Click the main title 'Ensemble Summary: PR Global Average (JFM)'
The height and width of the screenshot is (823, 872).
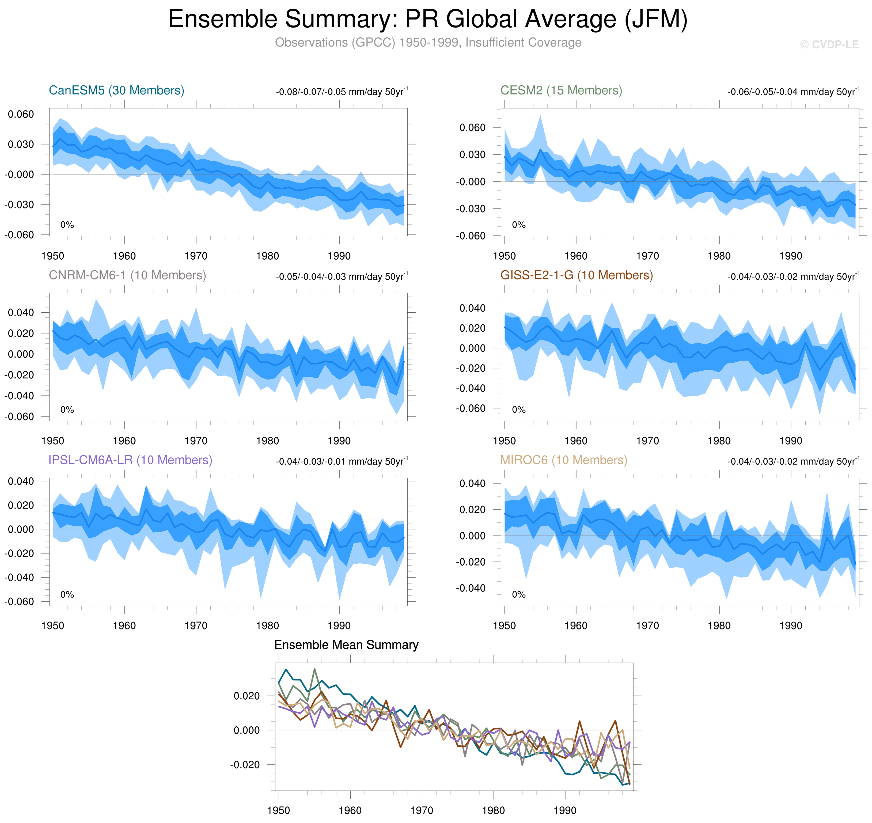click(428, 19)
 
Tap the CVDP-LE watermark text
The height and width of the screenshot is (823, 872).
click(829, 45)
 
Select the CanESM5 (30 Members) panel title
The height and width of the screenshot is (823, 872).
click(116, 90)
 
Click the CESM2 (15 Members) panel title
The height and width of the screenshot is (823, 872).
click(561, 90)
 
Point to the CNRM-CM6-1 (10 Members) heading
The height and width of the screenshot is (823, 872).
click(127, 275)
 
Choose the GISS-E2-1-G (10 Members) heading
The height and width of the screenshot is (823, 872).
click(576, 275)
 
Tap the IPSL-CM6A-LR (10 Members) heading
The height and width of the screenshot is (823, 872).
click(130, 460)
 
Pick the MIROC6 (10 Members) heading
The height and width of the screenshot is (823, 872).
click(564, 460)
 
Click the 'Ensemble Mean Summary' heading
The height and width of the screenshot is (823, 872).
click(346, 644)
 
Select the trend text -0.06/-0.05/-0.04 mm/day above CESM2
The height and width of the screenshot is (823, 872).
click(793, 92)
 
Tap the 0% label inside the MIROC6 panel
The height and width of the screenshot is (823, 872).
click(518, 594)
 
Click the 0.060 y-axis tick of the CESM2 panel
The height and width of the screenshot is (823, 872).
click(472, 128)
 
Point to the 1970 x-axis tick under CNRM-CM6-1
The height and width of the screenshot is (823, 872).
click(196, 441)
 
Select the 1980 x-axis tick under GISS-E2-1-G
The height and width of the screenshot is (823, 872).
click(719, 441)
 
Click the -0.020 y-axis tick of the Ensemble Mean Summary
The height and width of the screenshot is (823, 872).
click(245, 764)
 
